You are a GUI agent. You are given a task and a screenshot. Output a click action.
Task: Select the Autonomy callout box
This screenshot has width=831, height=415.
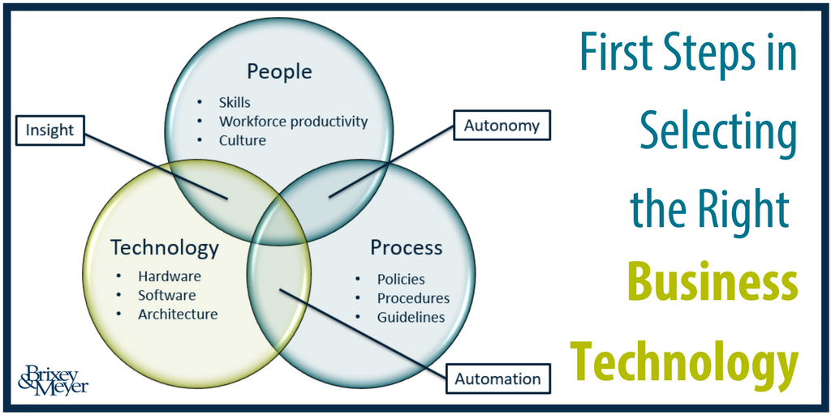(x=502, y=126)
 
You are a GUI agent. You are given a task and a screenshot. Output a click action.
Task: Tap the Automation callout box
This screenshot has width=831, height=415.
(x=497, y=379)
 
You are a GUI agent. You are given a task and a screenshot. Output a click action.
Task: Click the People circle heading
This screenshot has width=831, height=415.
(x=279, y=71)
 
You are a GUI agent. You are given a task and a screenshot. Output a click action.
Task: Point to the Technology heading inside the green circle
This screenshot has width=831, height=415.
(x=164, y=248)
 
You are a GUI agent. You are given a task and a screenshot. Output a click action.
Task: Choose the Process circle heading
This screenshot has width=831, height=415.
(x=406, y=247)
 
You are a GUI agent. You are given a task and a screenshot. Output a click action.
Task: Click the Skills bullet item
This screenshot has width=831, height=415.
(x=235, y=101)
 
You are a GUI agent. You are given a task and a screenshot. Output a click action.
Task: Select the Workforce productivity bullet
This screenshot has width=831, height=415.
(x=293, y=122)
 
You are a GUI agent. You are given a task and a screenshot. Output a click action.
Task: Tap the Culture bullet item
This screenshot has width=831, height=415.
(x=242, y=141)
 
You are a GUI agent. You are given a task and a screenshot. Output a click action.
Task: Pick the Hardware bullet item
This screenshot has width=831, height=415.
(x=170, y=276)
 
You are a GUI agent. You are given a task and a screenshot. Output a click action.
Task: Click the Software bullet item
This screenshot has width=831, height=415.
(x=167, y=295)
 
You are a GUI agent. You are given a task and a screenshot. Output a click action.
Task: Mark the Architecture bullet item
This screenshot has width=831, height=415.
(x=178, y=314)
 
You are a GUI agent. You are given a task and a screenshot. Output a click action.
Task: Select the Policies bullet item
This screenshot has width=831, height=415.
(x=401, y=279)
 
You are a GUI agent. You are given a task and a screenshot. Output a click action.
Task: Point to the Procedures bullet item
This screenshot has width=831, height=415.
(x=413, y=298)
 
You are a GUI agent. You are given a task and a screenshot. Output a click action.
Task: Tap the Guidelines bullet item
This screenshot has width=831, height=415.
(x=411, y=317)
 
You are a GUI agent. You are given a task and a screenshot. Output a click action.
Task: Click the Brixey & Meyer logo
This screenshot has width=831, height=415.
(x=53, y=379)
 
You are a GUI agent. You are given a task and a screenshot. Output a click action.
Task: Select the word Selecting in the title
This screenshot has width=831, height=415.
(x=718, y=132)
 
